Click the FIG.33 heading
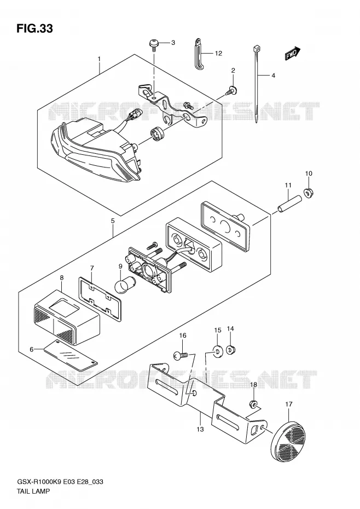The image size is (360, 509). point(34,28)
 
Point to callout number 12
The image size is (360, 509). point(218,53)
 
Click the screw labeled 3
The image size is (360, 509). point(154,44)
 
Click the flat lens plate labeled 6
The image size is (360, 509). point(71,355)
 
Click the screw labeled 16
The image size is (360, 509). point(181,356)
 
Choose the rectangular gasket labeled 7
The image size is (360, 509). point(100,298)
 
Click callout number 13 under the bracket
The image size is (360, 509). point(200,429)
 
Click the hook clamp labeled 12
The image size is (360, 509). point(199,54)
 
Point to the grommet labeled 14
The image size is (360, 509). point(230,350)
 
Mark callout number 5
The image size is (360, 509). point(113,221)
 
